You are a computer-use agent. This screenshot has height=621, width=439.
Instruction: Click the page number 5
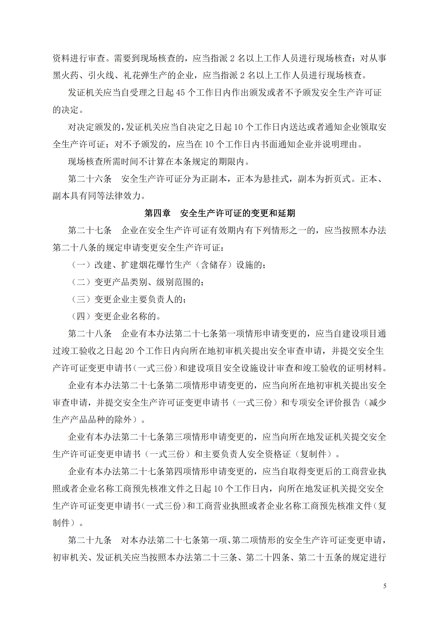click(x=384, y=586)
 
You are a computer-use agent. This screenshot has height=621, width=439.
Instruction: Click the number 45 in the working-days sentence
click(x=180, y=93)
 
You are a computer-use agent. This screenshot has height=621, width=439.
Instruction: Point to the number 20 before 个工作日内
click(x=130, y=351)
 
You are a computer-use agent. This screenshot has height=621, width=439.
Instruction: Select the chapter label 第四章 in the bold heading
click(x=157, y=213)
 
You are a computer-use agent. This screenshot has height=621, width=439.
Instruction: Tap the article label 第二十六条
click(x=90, y=179)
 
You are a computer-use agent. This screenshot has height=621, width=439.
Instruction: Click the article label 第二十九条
click(x=90, y=540)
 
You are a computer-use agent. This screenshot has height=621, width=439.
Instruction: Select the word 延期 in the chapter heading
click(x=286, y=213)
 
